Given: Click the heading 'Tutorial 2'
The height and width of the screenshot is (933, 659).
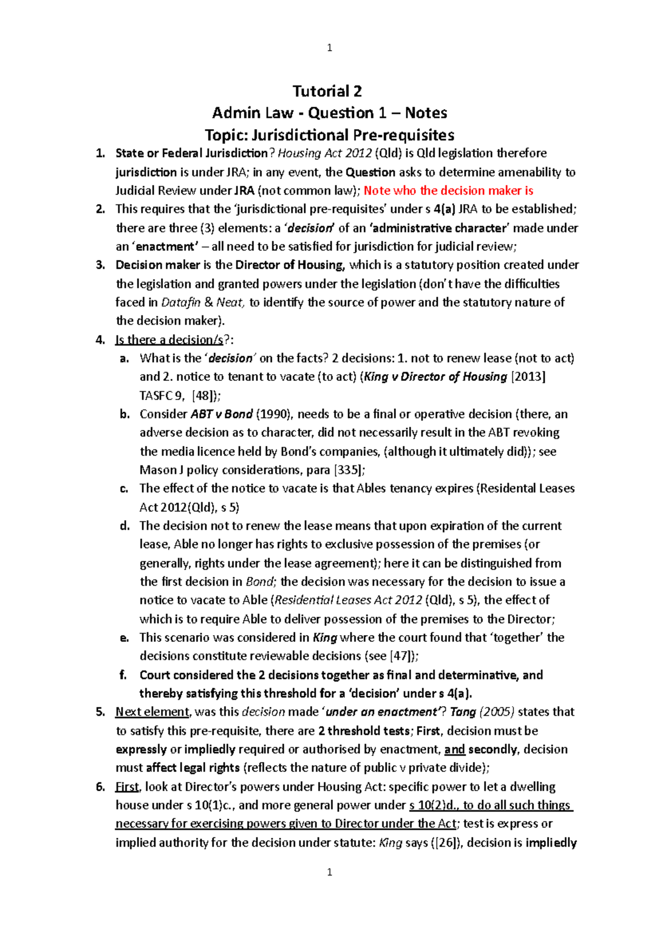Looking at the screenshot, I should click(x=327, y=91).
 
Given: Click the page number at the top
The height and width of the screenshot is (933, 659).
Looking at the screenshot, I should click(x=329, y=48).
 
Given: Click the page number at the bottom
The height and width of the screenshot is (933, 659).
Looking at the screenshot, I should click(x=329, y=872).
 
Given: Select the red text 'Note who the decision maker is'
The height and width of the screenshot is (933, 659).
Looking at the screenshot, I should click(x=448, y=191).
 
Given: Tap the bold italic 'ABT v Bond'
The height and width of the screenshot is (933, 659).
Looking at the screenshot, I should click(x=221, y=414).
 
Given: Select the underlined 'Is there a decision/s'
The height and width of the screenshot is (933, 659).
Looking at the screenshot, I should click(x=169, y=340).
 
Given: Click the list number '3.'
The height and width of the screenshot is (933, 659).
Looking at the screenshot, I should click(x=100, y=265).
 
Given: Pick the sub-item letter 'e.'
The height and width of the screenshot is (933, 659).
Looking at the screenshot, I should click(x=125, y=637).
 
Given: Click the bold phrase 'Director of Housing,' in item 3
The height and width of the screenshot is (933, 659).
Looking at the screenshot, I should click(x=290, y=265).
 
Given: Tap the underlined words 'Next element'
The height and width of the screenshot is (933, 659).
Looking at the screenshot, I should click(x=152, y=712).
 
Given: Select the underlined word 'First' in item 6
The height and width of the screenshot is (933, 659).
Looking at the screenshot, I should click(x=127, y=787).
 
